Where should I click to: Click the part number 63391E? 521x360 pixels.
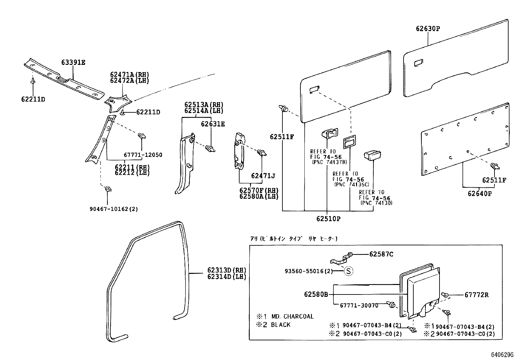(73, 62)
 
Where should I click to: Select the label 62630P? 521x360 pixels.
(428, 28)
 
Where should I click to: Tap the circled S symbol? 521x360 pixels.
(349, 271)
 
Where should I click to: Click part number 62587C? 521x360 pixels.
(381, 254)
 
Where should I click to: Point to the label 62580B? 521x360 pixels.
(316, 294)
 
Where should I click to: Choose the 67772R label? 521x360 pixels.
(476, 295)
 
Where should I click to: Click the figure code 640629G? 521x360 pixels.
(502, 354)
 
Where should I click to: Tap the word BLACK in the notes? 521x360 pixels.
(280, 325)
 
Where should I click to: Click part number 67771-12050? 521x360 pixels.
(143, 155)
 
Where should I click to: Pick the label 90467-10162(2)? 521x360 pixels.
(114, 209)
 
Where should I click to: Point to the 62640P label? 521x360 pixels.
(479, 194)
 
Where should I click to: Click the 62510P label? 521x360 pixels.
(328, 218)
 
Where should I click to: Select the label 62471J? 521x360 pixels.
(263, 176)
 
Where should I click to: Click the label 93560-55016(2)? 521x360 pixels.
(309, 271)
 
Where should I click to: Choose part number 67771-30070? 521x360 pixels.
(359, 305)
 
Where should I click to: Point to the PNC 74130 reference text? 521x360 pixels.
(376, 203)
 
